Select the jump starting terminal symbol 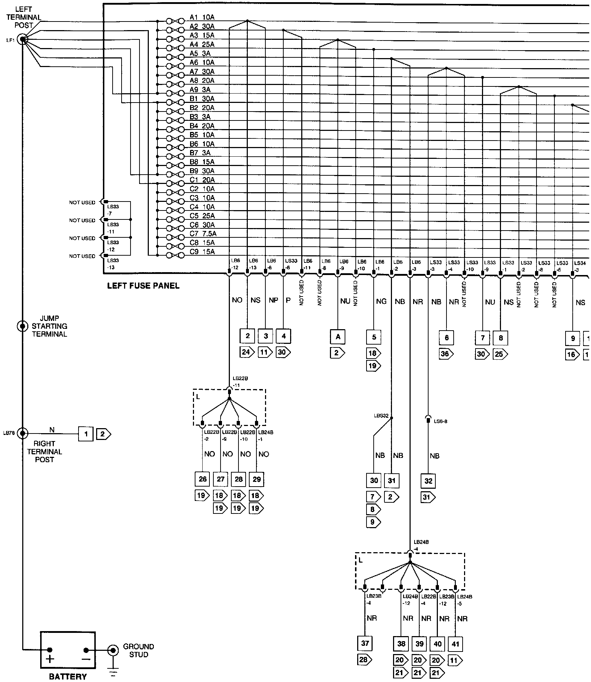(x=23, y=326)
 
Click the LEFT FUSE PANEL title (x=143, y=286)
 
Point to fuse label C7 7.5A (x=203, y=234)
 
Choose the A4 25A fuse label (x=202, y=44)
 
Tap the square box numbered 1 (x=86, y=434)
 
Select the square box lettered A (x=337, y=337)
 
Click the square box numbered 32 (x=428, y=481)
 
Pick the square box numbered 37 (x=365, y=643)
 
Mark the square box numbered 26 (x=203, y=479)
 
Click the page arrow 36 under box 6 (x=446, y=354)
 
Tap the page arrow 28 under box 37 (x=364, y=659)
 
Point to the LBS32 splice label (x=381, y=416)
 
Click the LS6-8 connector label (x=440, y=421)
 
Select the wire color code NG (x=381, y=302)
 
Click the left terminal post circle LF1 (x=23, y=39)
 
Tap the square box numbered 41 (x=455, y=644)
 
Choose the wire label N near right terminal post (x=52, y=430)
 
